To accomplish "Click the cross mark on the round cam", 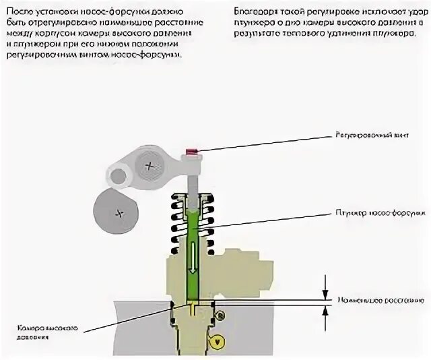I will pyautogui.click(x=120, y=214).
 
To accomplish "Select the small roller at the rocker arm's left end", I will pyautogui.click(x=118, y=177).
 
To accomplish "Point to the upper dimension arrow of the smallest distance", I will pyautogui.click(x=326, y=286).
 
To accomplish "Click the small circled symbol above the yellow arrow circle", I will pyautogui.click(x=220, y=315).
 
